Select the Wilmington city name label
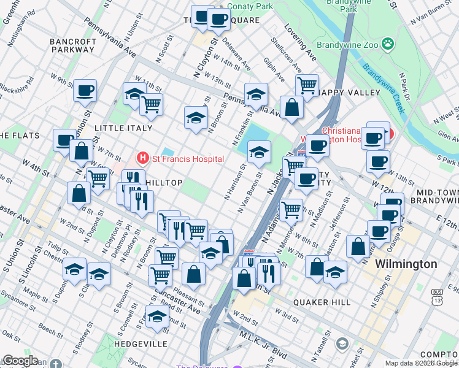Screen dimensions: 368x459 click(x=406, y=264)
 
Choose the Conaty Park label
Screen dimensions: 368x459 click(x=250, y=6)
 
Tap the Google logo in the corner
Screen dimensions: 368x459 click(x=20, y=361)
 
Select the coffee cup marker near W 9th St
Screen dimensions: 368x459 click(x=85, y=91)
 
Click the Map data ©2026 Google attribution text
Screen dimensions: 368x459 click(x=421, y=363)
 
